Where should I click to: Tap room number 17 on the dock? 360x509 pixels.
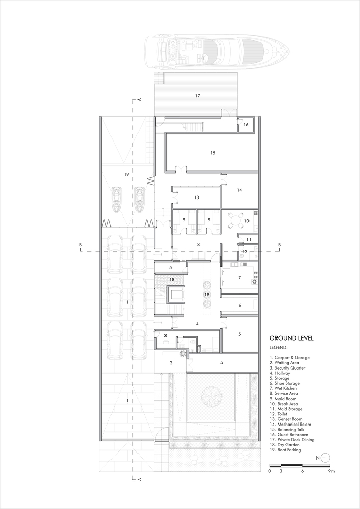[x=197, y=95]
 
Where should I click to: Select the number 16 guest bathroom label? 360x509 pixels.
[x=245, y=125]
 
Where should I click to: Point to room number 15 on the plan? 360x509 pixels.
[x=213, y=153]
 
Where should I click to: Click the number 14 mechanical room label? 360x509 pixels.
[x=239, y=190]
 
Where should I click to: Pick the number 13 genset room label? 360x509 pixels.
[x=196, y=197]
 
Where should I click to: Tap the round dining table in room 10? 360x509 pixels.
[x=234, y=220]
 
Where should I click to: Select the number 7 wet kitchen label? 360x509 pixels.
[x=239, y=278]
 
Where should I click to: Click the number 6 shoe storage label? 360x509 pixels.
[x=239, y=305]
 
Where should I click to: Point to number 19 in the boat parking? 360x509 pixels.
[x=126, y=174]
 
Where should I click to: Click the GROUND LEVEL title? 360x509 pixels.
[x=291, y=338]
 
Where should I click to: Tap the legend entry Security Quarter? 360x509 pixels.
[x=289, y=368]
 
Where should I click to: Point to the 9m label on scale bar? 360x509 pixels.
[x=331, y=472]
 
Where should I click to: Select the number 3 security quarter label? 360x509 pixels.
[x=165, y=336]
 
